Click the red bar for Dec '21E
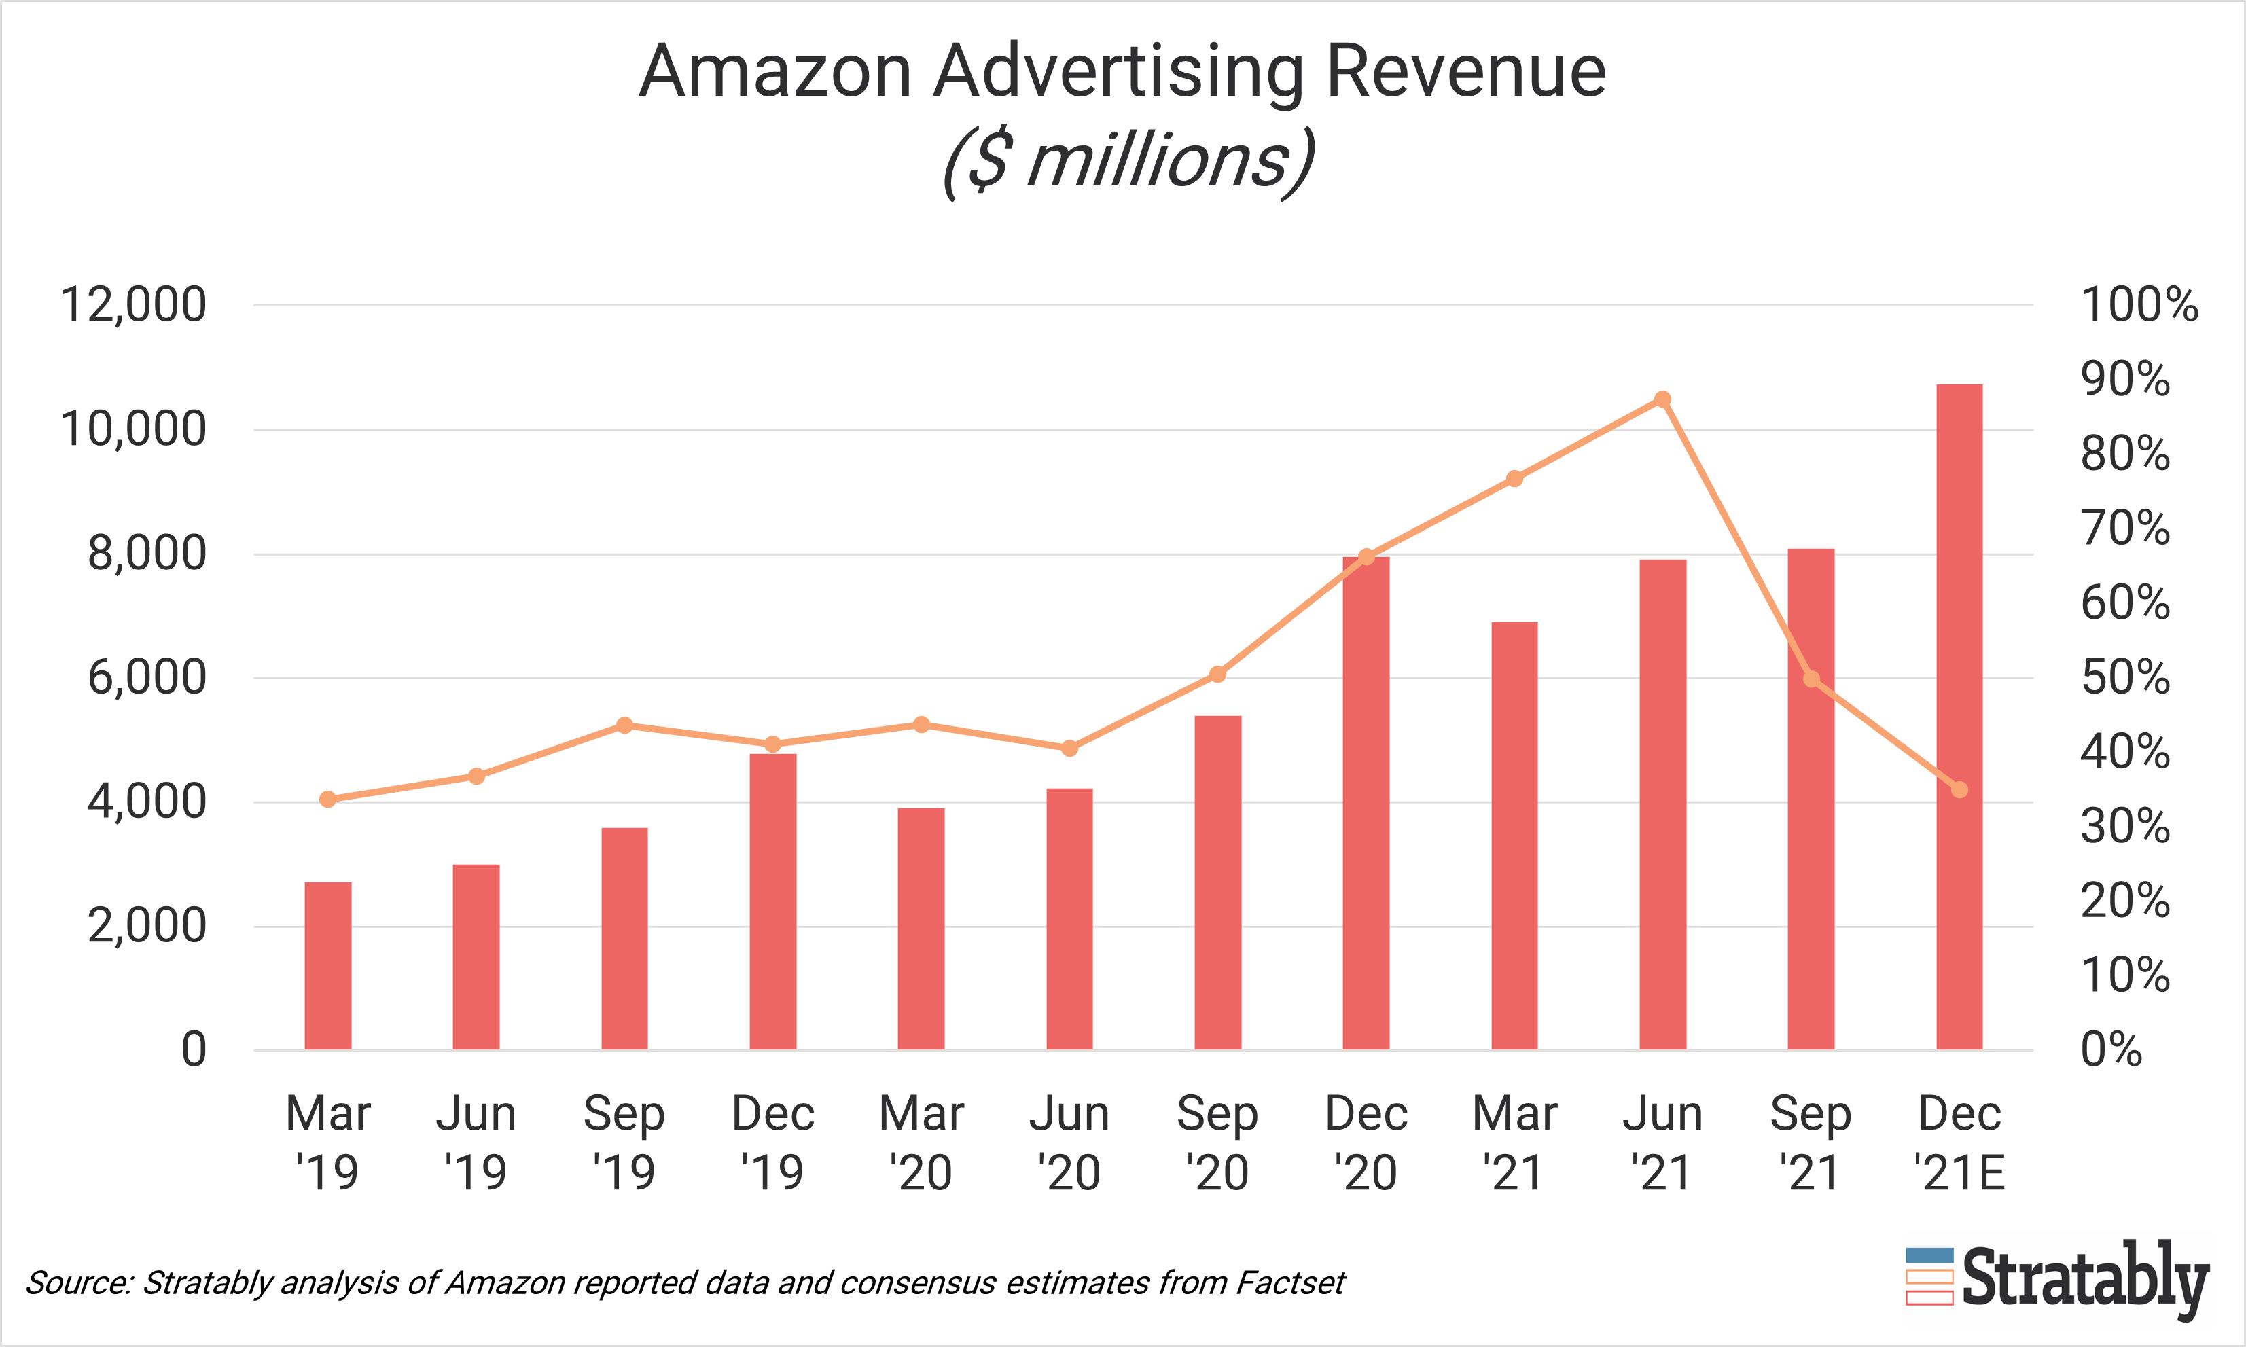pos(1959,717)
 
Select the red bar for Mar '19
pos(327,966)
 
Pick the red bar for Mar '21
pos(1514,835)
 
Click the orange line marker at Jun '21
pos(1662,399)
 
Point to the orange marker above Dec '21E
pos(1959,790)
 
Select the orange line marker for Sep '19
pos(624,725)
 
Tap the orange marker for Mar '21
pos(1514,478)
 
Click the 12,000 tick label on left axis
pos(132,305)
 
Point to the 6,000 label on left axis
pos(147,678)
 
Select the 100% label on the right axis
pos(2139,305)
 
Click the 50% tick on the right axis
pos(2125,678)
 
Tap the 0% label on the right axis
pos(2111,1050)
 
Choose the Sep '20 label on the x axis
pos(1217,1142)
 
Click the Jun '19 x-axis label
pos(476,1142)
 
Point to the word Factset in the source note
pos(1290,1282)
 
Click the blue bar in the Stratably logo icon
pos(1929,1256)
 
